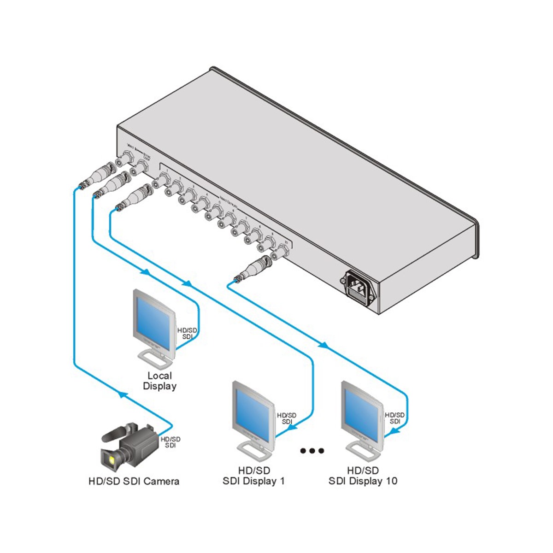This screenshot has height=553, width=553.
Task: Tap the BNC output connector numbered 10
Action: [x=280, y=253]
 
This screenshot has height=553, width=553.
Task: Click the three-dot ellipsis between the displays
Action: [x=312, y=451]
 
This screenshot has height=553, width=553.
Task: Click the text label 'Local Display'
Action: [x=159, y=381]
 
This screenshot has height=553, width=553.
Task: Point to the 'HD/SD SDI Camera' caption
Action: [x=134, y=482]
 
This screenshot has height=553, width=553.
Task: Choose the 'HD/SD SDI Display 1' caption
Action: [x=254, y=476]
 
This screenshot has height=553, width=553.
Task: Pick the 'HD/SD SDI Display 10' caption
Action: [x=363, y=476]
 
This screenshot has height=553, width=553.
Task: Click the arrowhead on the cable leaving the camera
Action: [x=121, y=394]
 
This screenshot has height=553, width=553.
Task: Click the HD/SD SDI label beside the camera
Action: [x=171, y=442]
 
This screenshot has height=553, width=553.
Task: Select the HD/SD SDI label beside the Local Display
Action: [x=187, y=333]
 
